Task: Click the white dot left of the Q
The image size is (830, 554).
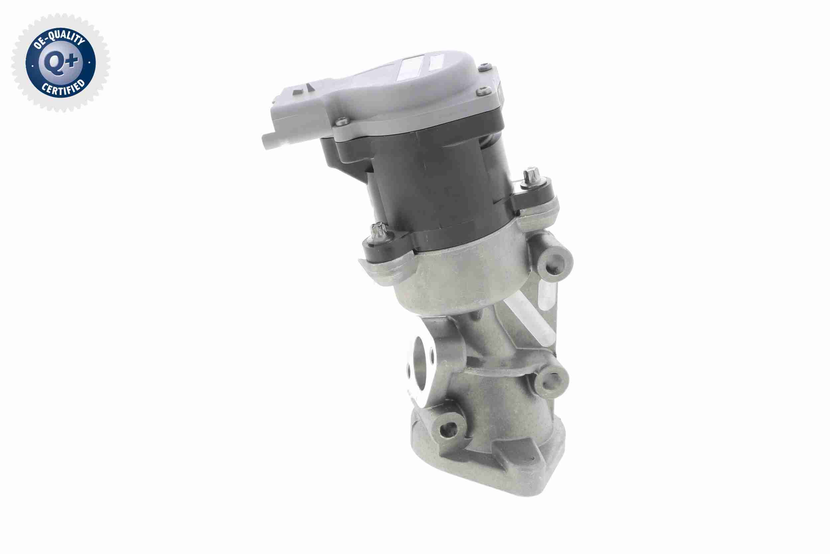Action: tap(33, 65)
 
